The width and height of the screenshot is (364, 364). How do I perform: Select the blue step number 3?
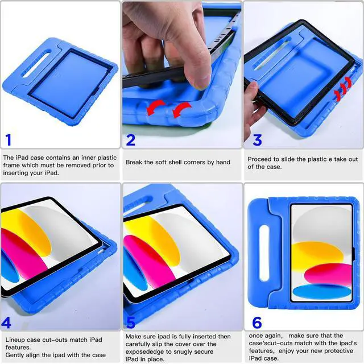[257, 140]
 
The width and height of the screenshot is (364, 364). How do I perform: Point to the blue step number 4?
[7, 323]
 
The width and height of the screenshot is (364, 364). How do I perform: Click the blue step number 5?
[131, 322]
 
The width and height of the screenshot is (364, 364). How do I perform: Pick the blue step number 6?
[257, 322]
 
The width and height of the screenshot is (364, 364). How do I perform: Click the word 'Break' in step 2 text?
[135, 162]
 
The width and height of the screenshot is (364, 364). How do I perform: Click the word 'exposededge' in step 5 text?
[146, 351]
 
